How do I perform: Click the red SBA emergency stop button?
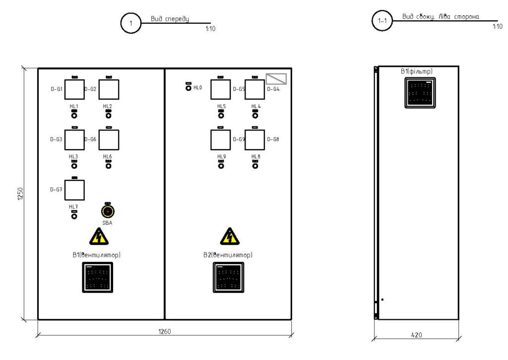108,211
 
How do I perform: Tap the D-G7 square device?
74,190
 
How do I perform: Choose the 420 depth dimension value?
417,335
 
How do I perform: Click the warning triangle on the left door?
99,238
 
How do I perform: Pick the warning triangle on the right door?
229,237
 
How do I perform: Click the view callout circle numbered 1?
131,23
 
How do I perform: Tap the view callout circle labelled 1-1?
382,22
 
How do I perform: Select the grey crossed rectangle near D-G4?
277,79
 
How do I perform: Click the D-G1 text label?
56,89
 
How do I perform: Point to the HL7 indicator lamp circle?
74,216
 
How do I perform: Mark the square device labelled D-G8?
254,139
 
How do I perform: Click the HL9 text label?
221,157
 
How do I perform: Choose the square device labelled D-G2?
109,89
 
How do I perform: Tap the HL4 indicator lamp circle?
255,116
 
